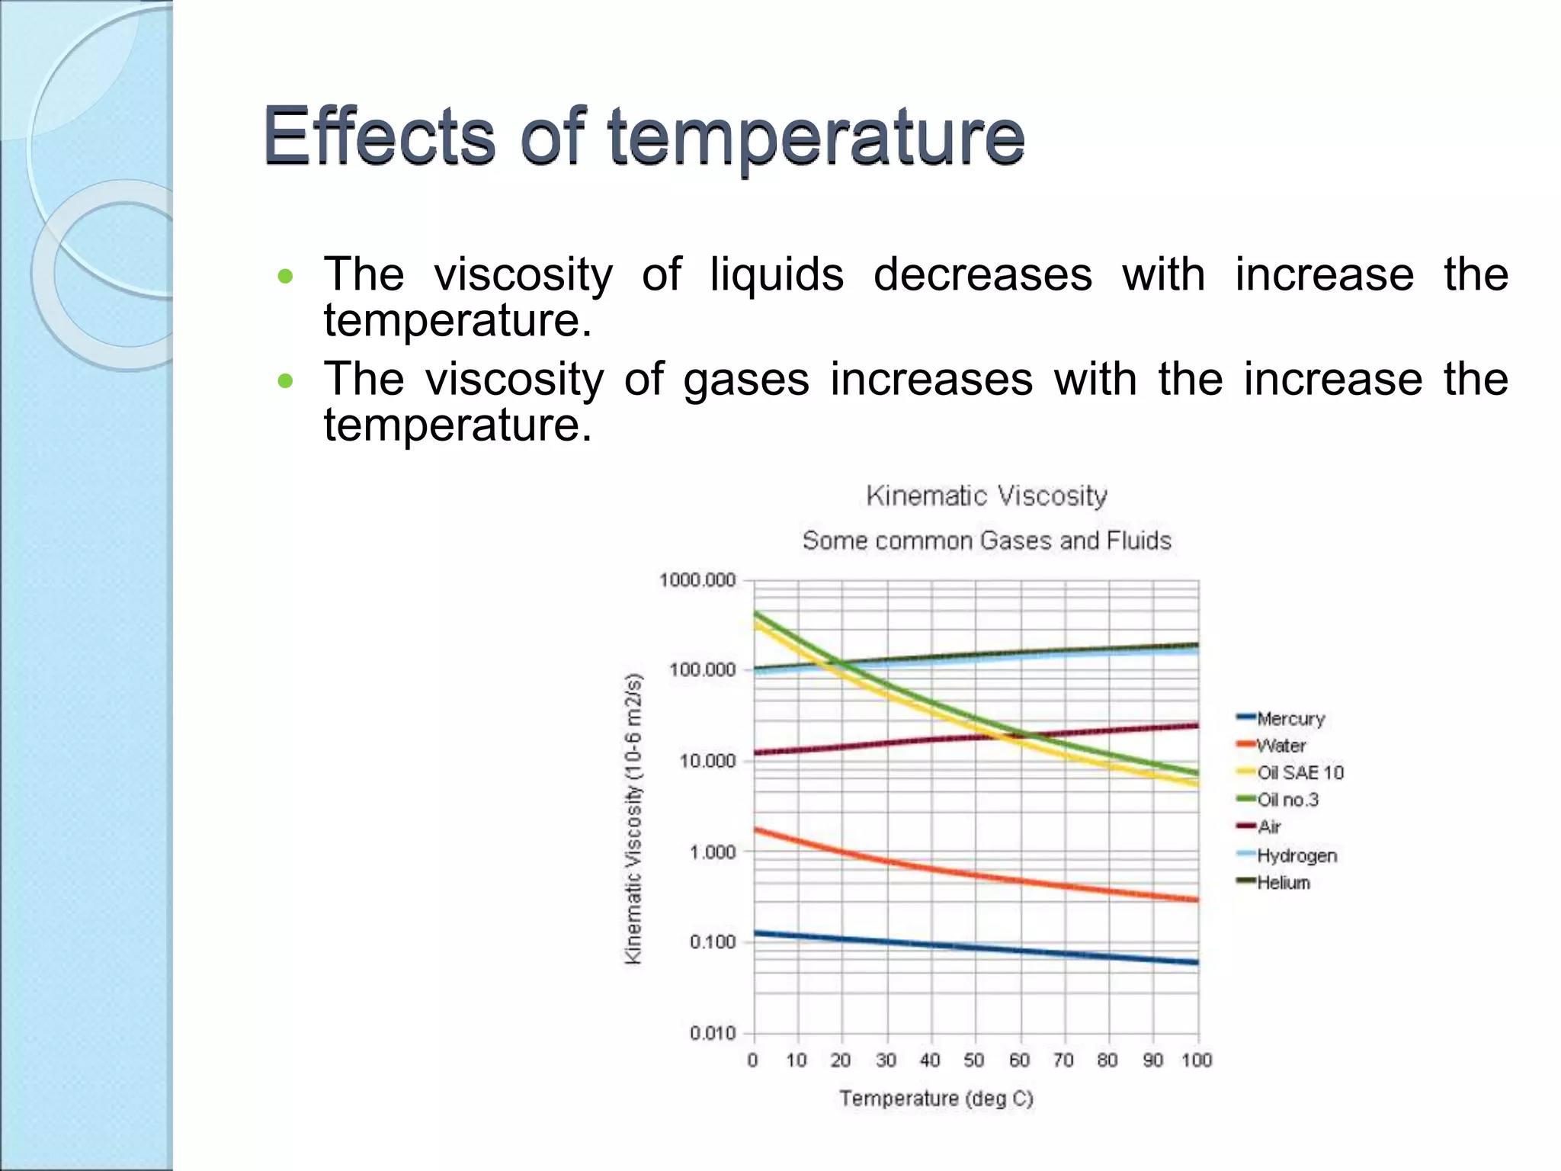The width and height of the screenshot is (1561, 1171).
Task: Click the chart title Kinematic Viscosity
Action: (x=986, y=496)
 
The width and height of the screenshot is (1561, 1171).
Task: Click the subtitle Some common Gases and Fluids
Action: (x=986, y=541)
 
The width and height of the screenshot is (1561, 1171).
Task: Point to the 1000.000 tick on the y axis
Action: (x=697, y=581)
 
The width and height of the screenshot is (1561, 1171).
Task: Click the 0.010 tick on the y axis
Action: (x=713, y=1034)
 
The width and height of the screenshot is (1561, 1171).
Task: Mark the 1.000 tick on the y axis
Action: (x=713, y=852)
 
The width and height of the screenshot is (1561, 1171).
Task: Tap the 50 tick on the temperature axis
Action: (x=974, y=1060)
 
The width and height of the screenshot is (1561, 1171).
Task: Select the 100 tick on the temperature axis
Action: (x=1197, y=1060)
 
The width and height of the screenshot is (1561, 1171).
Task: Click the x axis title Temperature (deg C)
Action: (x=936, y=1099)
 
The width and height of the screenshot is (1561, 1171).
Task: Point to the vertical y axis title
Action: (x=633, y=820)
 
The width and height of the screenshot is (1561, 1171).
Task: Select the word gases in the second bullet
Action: (x=745, y=379)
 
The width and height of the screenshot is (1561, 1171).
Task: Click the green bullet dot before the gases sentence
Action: (x=285, y=380)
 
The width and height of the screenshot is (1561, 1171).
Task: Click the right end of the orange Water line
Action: (x=1197, y=900)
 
